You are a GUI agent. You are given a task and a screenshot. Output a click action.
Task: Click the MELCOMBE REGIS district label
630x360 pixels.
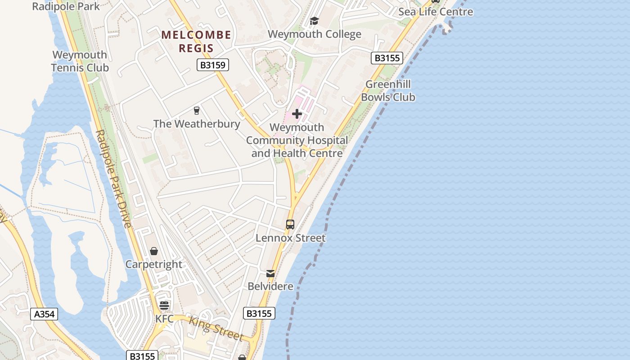tap(196, 41)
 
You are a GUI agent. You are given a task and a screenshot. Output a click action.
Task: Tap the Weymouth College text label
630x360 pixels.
tap(314, 35)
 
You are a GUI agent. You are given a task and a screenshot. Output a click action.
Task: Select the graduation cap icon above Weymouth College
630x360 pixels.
tap(314, 21)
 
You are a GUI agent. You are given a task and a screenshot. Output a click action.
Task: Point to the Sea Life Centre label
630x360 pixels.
tap(436, 12)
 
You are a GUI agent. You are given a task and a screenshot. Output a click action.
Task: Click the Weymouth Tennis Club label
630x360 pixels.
tap(80, 61)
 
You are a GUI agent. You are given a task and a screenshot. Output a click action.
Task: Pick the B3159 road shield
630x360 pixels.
tap(213, 65)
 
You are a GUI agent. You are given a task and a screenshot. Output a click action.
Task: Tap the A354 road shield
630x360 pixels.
tap(45, 314)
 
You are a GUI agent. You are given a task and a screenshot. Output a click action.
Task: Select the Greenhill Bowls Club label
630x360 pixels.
tap(388, 90)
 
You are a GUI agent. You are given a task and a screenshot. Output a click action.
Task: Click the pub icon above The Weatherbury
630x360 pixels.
tap(196, 110)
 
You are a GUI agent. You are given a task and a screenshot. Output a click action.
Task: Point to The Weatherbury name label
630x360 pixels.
tap(197, 124)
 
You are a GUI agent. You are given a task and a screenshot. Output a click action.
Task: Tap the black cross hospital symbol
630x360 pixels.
tap(297, 114)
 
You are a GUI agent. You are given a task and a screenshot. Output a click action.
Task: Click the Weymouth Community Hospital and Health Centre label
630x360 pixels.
tap(297, 140)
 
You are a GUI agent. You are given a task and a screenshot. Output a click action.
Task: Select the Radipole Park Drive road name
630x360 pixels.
tap(113, 179)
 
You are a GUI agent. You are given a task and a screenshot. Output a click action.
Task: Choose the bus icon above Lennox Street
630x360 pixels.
tap(290, 224)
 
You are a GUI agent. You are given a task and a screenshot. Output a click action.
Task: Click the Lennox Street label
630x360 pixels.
tap(290, 238)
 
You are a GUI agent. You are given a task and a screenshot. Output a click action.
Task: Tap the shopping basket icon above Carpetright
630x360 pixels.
tap(154, 251)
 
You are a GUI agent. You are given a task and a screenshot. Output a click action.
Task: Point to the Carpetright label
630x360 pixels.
tap(154, 264)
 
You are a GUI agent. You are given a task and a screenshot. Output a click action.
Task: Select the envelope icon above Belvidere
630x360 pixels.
tap(270, 273)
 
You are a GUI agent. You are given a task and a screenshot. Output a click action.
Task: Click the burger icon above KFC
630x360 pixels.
tap(164, 306)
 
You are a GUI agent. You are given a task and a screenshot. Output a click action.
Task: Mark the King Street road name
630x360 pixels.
tap(216, 328)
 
